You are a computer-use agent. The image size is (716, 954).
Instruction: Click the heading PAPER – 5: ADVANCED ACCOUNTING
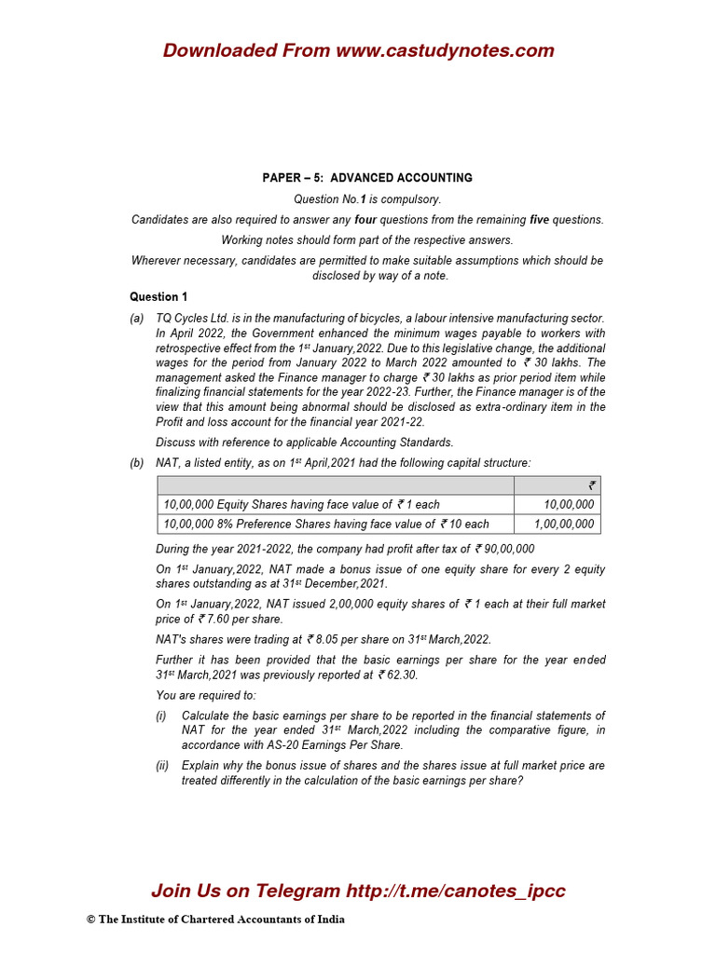coord(366,178)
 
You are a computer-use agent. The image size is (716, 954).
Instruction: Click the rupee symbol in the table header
coord(591,484)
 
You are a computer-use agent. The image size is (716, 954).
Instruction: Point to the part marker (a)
coord(137,319)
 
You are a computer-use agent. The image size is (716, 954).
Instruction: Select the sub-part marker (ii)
coord(162,766)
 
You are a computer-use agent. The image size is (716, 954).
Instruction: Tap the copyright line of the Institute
coord(215,920)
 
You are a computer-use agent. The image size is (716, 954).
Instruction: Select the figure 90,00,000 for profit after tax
coord(509,550)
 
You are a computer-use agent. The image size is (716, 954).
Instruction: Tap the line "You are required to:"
coord(205,695)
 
